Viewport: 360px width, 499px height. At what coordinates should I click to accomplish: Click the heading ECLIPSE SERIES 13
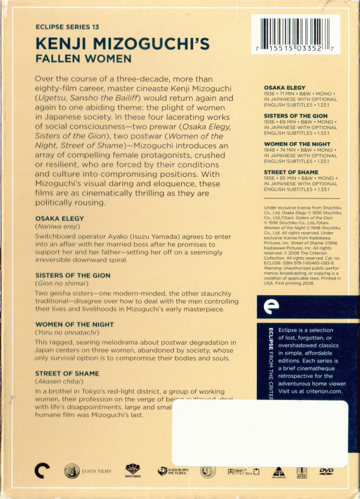coord(68,28)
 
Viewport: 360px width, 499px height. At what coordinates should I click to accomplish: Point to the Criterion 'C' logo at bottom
coord(40,471)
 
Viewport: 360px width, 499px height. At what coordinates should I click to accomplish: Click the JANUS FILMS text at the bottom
coord(98,471)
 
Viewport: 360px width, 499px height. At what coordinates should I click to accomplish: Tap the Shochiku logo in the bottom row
coord(133,471)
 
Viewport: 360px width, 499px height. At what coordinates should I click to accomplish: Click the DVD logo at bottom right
coord(326,471)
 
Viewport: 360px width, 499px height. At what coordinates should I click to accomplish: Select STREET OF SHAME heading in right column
coord(291,172)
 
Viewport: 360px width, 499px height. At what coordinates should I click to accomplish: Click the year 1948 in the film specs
coord(269,151)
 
